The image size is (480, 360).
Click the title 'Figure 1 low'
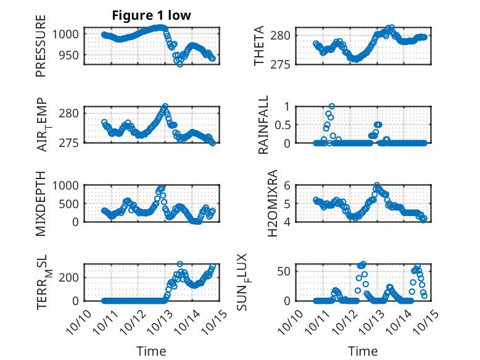151,15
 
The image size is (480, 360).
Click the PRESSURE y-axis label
41,49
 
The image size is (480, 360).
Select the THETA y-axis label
259,46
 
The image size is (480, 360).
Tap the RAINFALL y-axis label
263,125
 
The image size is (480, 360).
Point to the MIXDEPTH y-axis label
41,203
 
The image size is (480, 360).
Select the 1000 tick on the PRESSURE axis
67,34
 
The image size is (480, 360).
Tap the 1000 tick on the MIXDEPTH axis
67,185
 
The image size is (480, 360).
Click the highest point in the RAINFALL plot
332,107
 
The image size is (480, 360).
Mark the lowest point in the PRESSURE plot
180,64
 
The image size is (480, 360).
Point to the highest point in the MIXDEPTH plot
163,186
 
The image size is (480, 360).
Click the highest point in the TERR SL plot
180,264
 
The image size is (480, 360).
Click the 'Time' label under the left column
151,351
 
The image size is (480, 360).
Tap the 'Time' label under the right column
363,351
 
